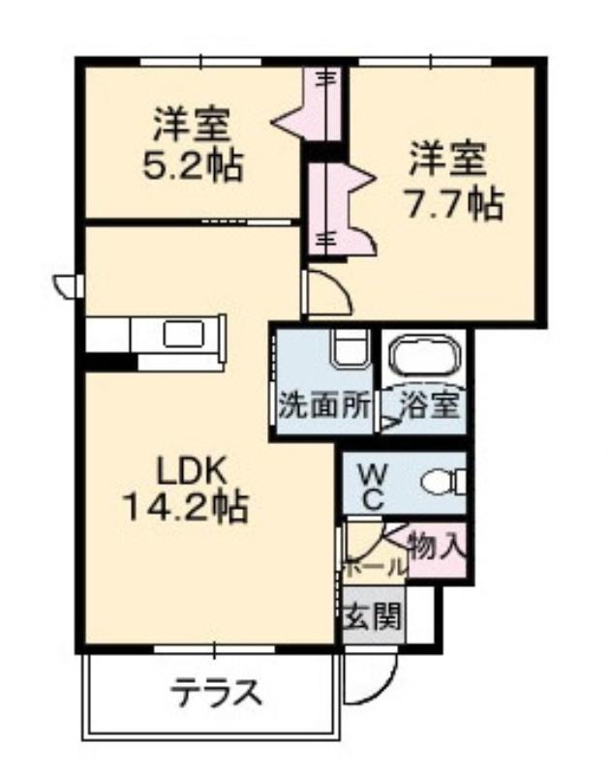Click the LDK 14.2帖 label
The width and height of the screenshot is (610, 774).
185,490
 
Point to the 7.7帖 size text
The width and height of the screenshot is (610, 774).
454,202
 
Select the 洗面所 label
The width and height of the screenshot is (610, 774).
324,406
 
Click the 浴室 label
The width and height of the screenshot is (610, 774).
429,405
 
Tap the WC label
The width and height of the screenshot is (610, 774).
374,489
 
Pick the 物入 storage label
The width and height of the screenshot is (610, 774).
437,546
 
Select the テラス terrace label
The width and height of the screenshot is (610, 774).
215,692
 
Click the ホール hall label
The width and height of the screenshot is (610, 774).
375,569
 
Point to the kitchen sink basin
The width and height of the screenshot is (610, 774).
184,334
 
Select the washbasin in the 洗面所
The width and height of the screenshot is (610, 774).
351,348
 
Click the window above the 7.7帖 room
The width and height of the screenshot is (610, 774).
425,62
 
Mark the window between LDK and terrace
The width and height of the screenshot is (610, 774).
214,649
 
